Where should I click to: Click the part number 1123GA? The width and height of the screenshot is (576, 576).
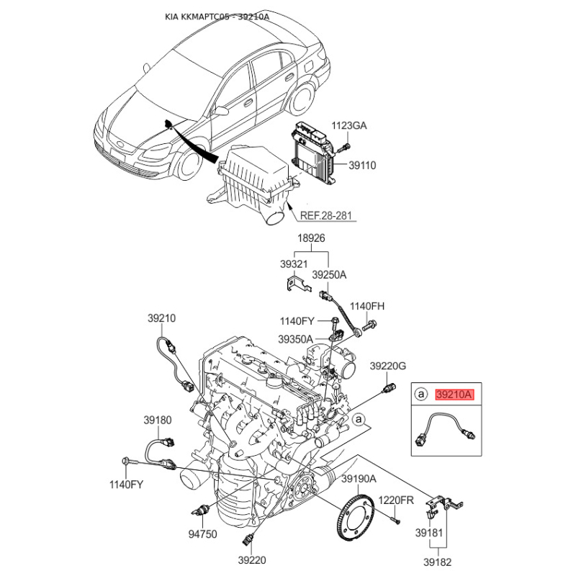tap(349, 125)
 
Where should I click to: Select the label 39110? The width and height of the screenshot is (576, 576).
tap(362, 166)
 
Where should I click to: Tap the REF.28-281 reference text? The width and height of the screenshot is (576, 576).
tap(326, 215)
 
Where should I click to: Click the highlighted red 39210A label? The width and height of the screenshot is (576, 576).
tap(454, 395)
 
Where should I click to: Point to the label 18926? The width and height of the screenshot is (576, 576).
tap(311, 238)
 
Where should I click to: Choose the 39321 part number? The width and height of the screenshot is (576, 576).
tap(294, 264)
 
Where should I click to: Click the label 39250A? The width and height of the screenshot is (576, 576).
tap(329, 275)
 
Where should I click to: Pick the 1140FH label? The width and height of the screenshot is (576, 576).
tap(367, 306)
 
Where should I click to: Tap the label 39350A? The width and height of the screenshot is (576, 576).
tap(295, 339)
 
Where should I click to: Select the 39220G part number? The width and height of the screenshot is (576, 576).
tap(388, 366)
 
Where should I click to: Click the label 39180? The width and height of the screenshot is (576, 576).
tap(158, 420)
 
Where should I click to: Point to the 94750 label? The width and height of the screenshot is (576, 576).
tap(202, 534)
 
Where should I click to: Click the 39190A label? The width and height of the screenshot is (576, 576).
tap(359, 479)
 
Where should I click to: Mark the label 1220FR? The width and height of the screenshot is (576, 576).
tap(396, 500)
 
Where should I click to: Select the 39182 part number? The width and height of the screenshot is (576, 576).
tap(438, 562)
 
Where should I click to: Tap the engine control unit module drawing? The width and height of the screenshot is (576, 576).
tap(313, 150)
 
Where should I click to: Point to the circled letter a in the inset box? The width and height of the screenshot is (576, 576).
tap(421, 395)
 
